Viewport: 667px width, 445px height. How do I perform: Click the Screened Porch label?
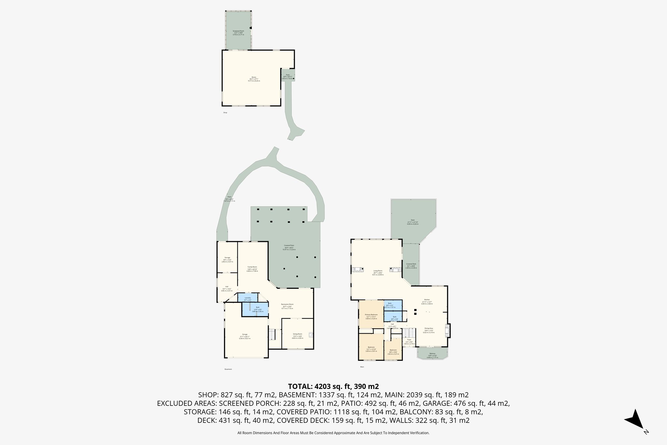(x=238, y=33)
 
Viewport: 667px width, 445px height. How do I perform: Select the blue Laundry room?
(x=248, y=298)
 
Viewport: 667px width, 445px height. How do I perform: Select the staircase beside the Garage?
(x=272, y=334)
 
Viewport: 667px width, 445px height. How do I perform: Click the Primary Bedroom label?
(x=371, y=316)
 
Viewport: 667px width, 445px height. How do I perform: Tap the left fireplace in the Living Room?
(x=358, y=269)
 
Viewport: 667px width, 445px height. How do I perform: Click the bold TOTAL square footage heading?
(x=333, y=386)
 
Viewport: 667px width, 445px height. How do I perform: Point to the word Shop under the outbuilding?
(x=225, y=112)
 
